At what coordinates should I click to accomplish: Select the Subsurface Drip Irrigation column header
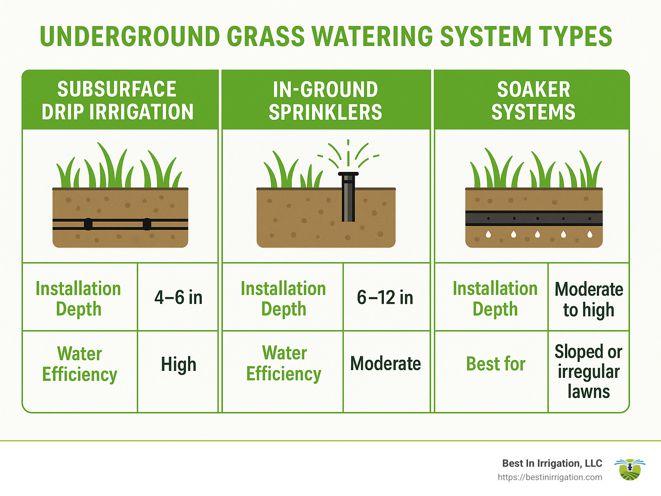click(x=117, y=101)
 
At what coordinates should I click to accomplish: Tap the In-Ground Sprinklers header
click(x=325, y=101)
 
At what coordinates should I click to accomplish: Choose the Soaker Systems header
click(x=533, y=101)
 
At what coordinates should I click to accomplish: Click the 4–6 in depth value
click(x=178, y=297)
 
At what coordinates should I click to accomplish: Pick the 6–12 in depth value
click(x=385, y=297)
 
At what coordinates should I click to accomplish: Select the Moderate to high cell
click(x=588, y=299)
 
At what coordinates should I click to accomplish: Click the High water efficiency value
click(x=179, y=364)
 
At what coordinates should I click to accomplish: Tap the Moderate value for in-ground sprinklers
click(x=386, y=364)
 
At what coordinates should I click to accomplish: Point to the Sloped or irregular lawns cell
click(x=588, y=371)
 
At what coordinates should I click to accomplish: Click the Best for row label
click(x=495, y=364)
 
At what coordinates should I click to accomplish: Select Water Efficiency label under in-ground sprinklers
click(x=284, y=364)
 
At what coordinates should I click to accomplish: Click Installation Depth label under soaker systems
click(x=495, y=299)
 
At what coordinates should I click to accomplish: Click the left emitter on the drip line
click(x=88, y=224)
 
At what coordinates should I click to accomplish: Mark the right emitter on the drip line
click(x=147, y=224)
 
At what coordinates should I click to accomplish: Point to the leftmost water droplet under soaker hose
click(x=488, y=234)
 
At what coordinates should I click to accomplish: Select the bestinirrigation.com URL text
click(x=550, y=477)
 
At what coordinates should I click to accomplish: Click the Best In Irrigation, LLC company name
click(x=552, y=463)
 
